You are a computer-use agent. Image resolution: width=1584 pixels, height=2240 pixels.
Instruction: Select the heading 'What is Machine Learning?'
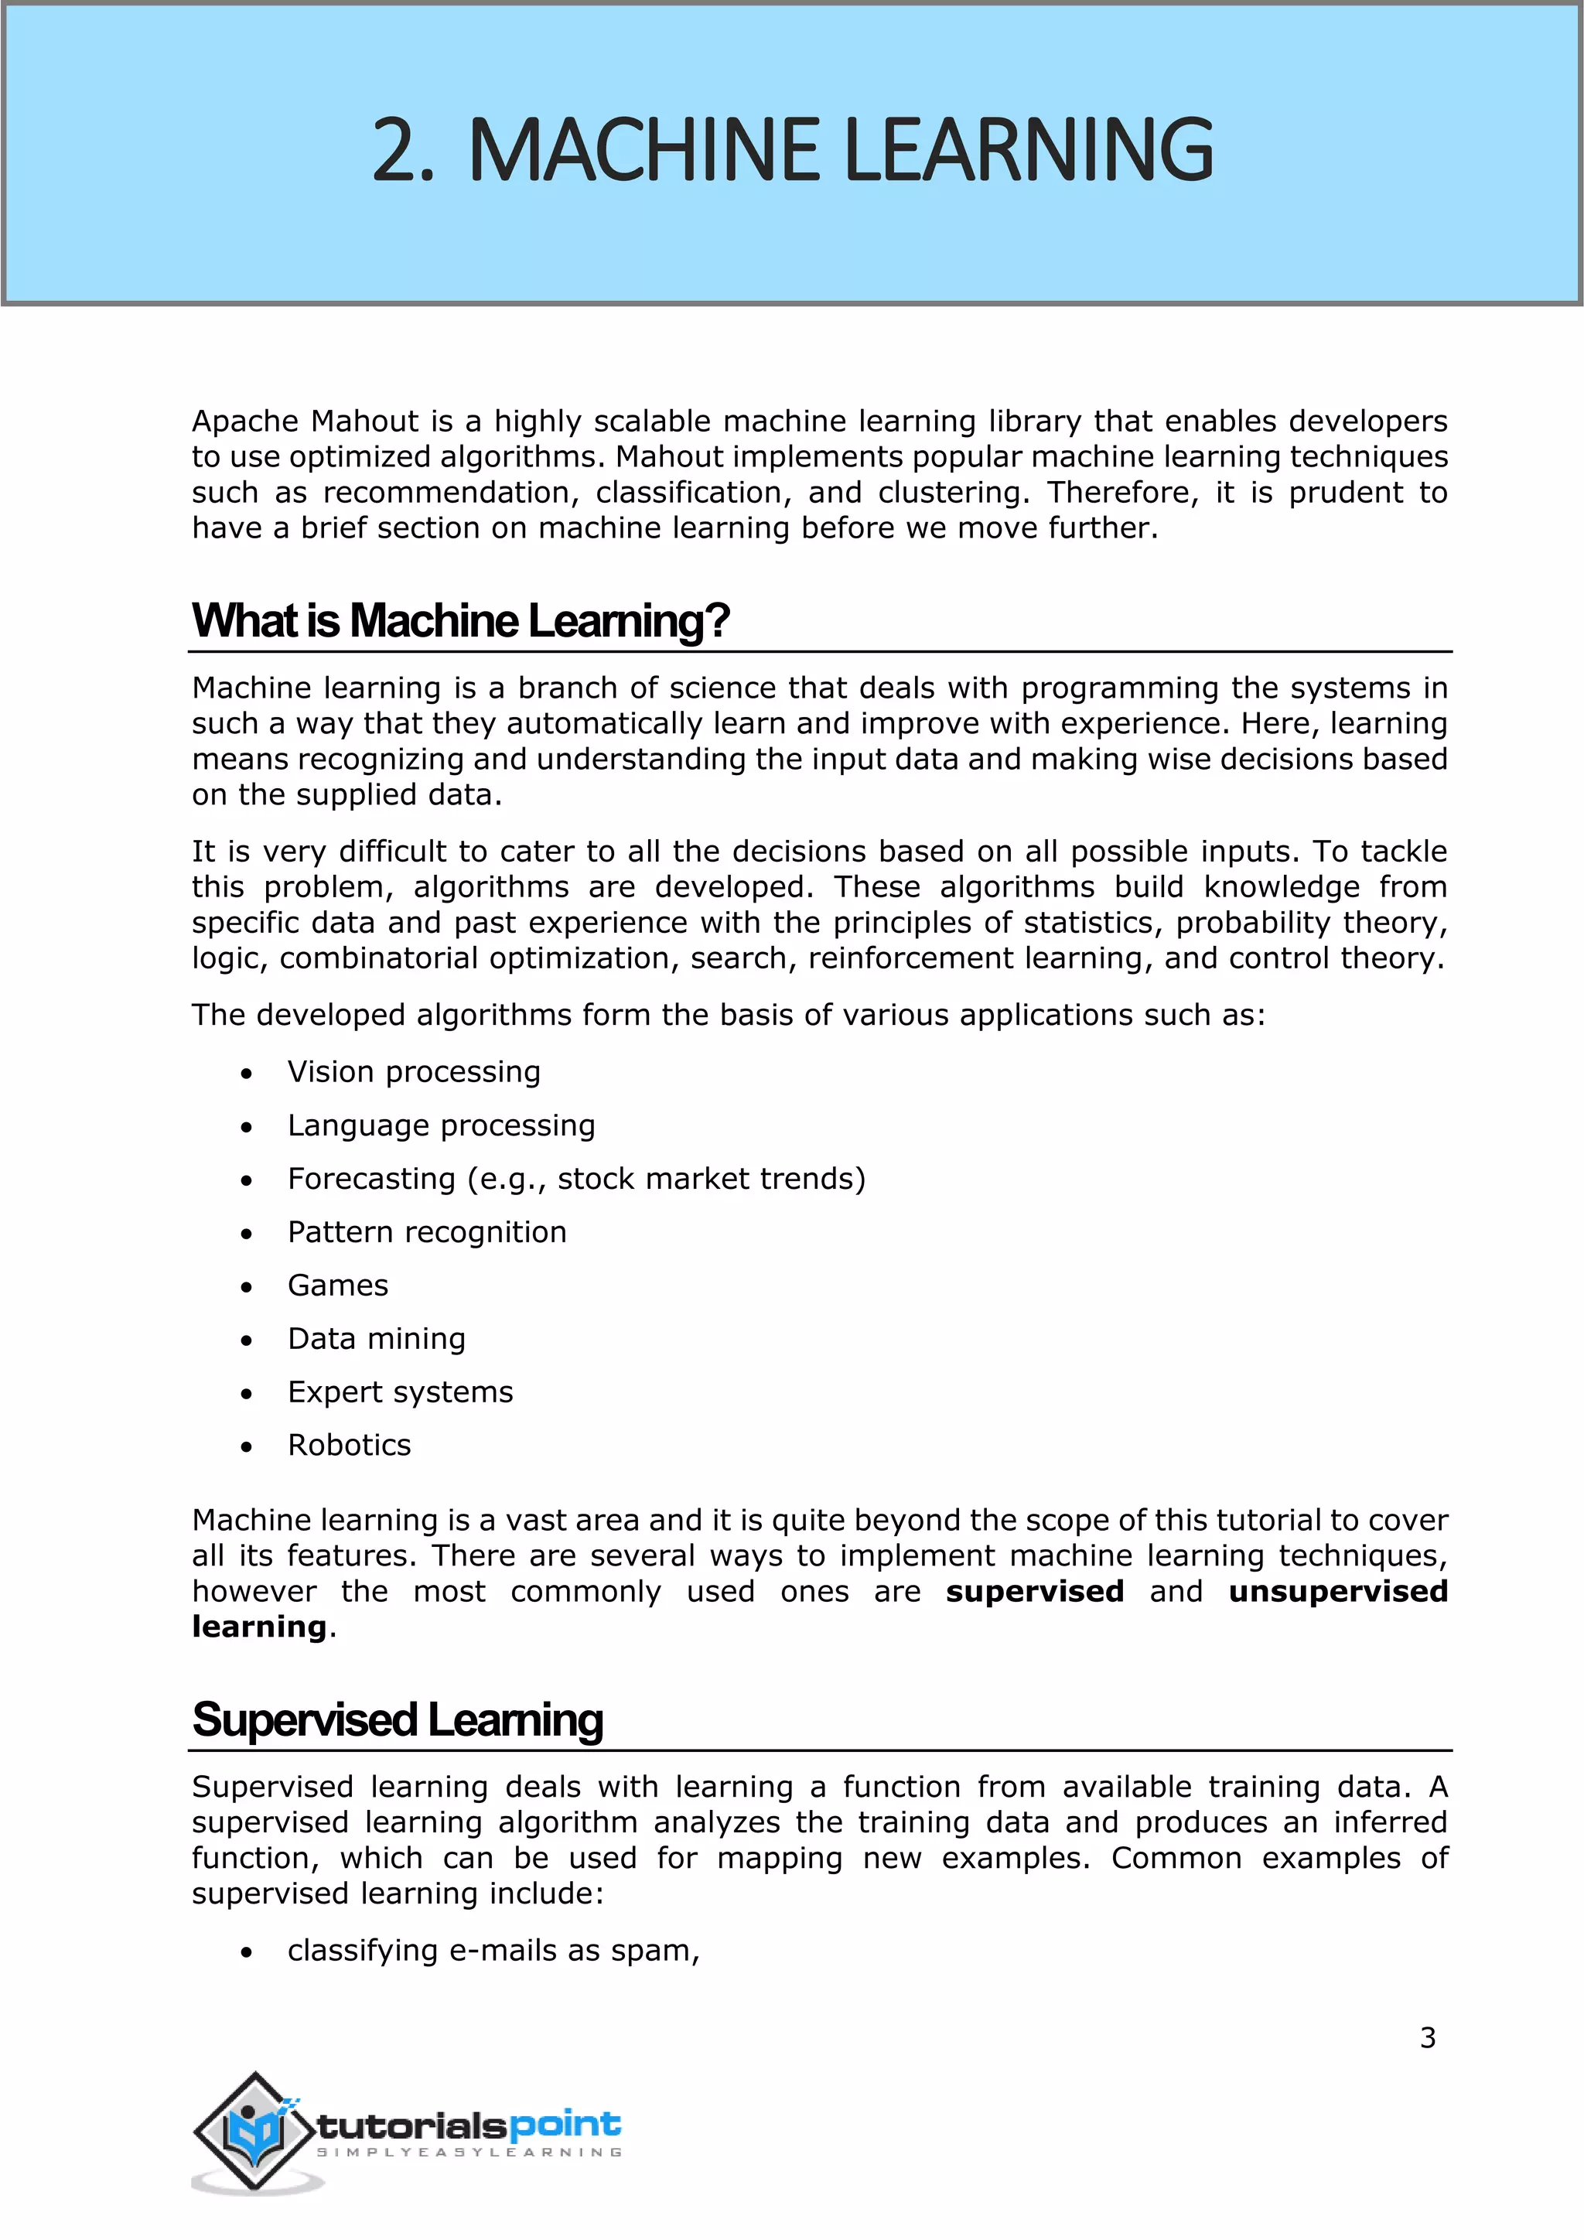460,620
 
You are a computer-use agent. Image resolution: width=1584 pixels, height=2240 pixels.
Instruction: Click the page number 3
1427,2037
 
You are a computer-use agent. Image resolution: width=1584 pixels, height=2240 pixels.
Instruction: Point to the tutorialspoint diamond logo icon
255,2132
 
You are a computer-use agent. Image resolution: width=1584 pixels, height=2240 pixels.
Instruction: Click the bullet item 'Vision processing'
414,1072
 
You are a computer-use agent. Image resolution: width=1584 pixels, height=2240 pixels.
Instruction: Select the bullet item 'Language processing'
441,1126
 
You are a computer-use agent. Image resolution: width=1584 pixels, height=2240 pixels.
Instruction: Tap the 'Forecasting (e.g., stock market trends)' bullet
575,1180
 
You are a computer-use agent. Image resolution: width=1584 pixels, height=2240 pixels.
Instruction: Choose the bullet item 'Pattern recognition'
426,1232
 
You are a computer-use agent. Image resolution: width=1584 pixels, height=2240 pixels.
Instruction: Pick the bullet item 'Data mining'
377,1339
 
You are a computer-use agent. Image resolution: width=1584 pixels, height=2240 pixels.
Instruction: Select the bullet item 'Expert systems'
400,1392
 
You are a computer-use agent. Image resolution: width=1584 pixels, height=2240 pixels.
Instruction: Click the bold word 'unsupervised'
1337,1591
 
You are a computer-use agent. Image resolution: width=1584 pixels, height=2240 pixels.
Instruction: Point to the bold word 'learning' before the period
258,1627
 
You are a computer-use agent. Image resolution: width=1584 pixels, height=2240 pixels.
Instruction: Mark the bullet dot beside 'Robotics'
247,1447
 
